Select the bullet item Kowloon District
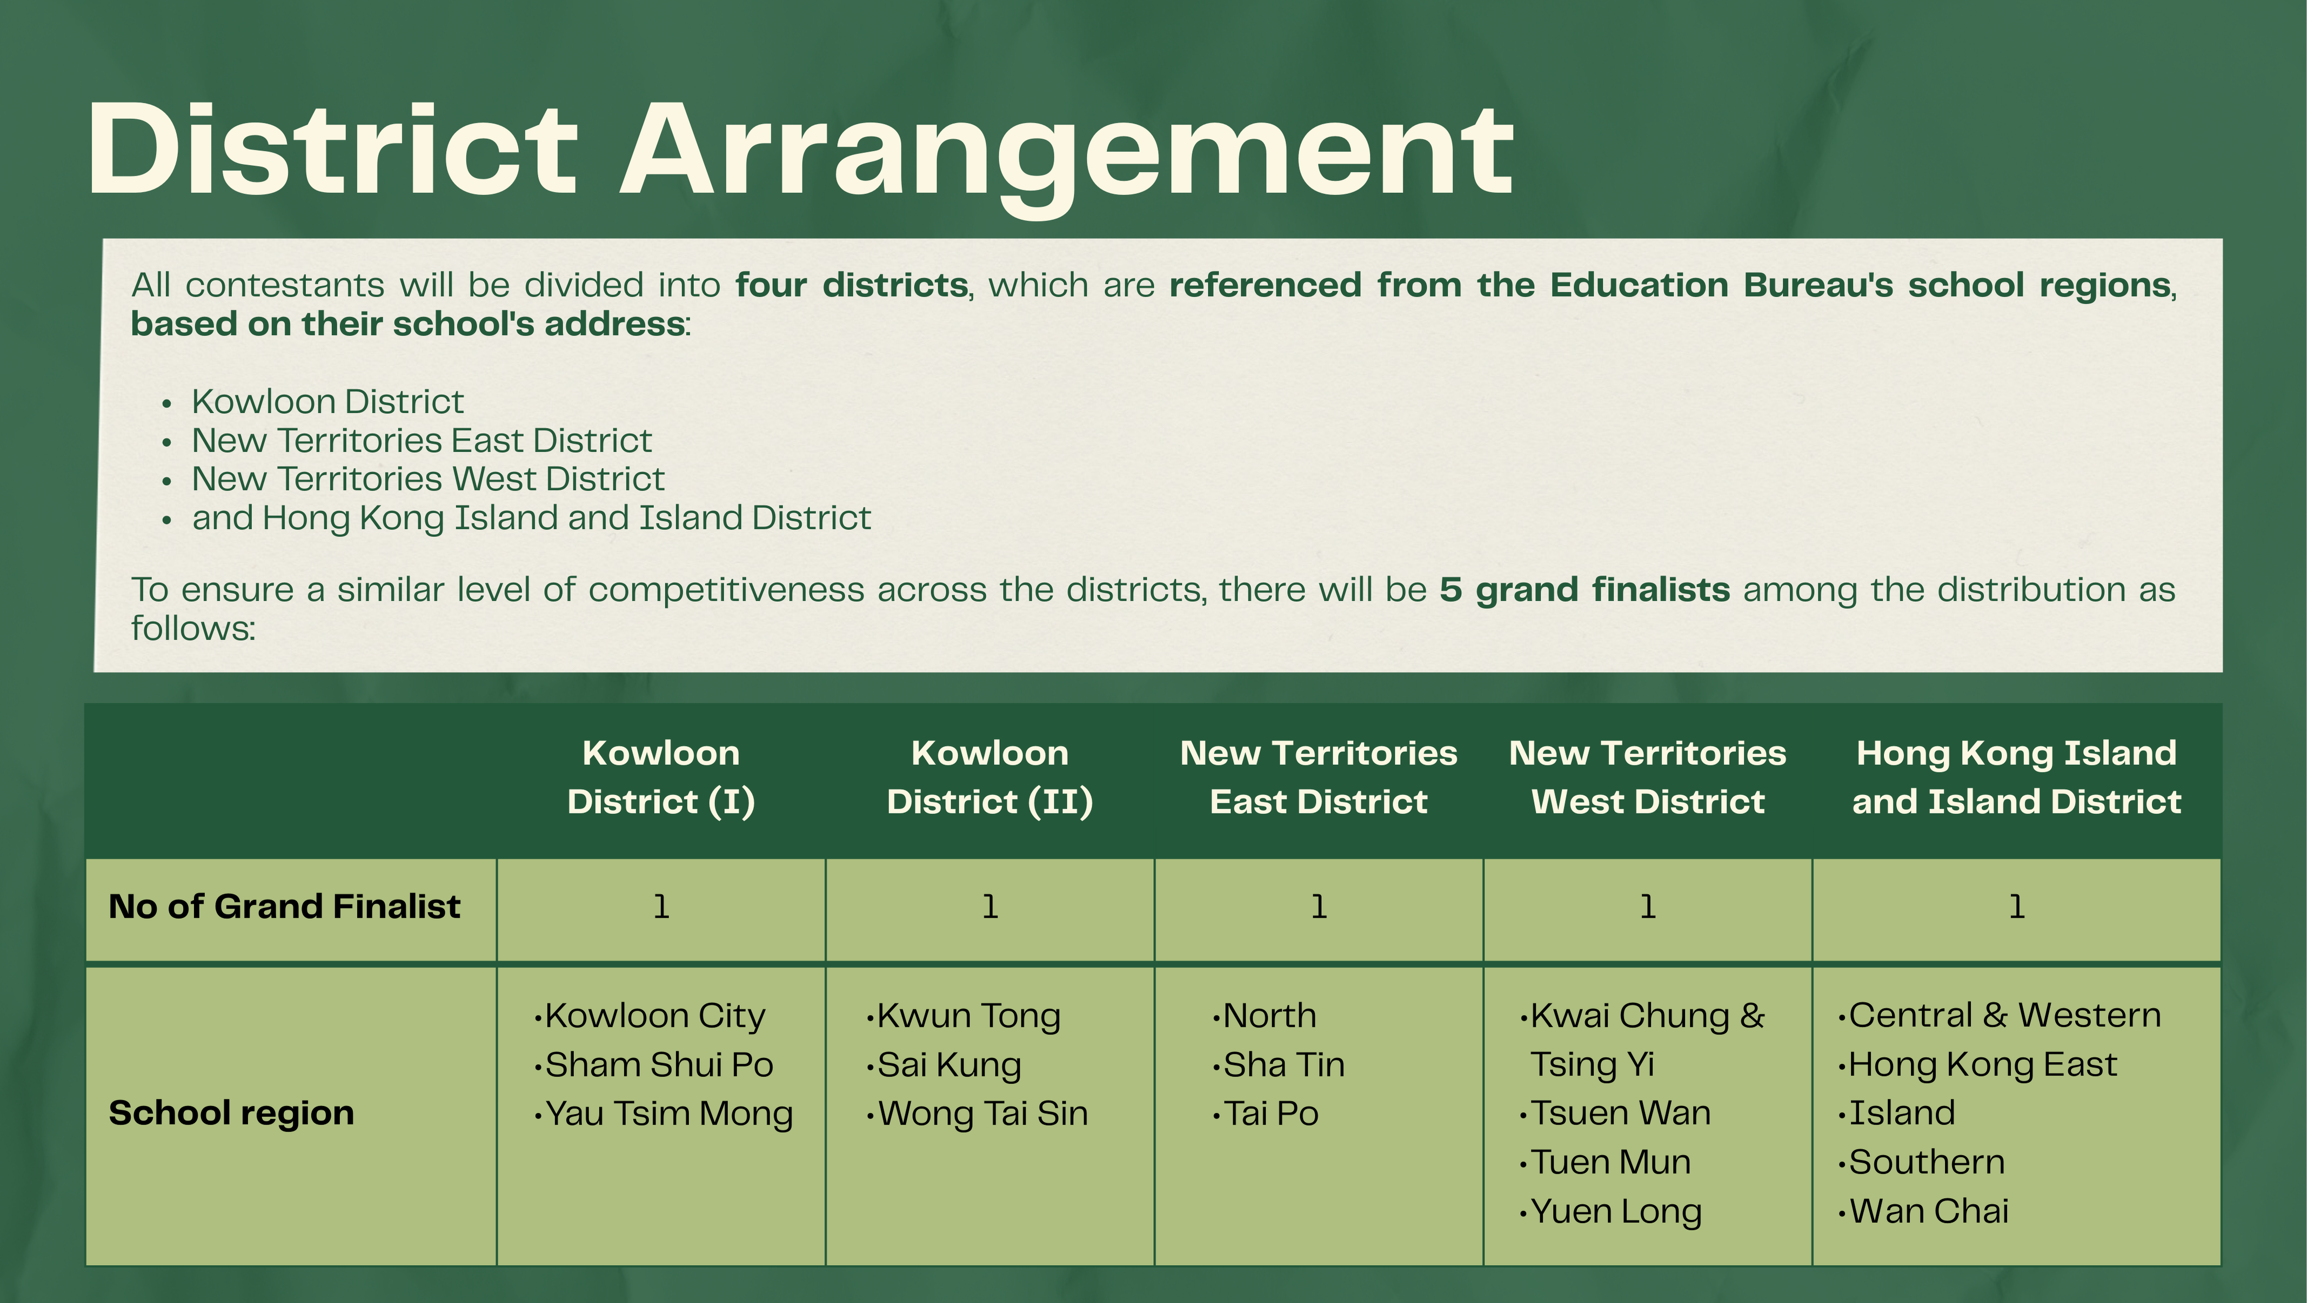pos(328,401)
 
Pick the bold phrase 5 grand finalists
pos(1585,589)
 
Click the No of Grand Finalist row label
pos(285,906)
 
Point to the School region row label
pos(232,1113)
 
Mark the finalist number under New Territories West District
pos(1648,907)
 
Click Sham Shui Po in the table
pos(659,1065)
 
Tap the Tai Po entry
pos(1271,1113)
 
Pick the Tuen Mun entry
pos(1610,1163)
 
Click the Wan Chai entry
pos(1929,1211)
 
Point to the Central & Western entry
pos(2005,1016)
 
